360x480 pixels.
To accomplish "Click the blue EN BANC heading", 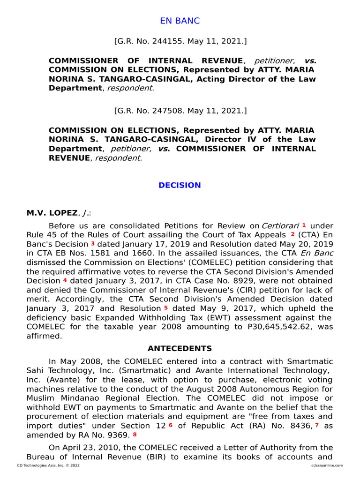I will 180,21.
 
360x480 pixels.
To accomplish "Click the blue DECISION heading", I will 180,185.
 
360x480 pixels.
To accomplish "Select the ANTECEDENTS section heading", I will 180,348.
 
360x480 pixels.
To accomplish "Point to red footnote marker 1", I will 304,225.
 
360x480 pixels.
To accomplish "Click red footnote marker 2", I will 292,234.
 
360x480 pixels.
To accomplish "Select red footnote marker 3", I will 93,244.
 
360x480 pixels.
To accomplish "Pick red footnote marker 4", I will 65,280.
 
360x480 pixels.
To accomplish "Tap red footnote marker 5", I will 166,308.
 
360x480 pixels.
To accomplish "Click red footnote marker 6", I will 171,425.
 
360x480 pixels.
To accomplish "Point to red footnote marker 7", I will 317,425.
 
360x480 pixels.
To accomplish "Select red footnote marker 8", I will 135,434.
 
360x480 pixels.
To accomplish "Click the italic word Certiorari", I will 280,226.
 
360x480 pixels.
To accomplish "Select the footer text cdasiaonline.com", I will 326,465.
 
